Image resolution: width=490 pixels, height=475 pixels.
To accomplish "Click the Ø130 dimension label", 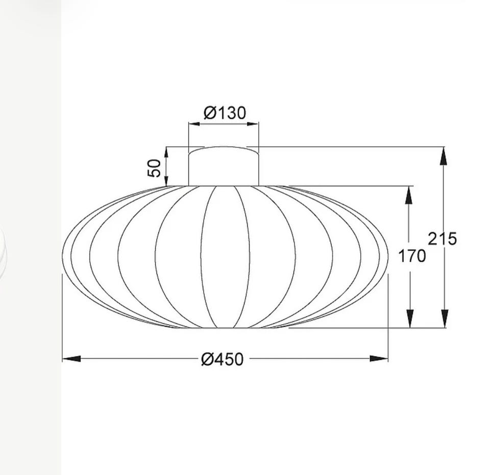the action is coord(225,113).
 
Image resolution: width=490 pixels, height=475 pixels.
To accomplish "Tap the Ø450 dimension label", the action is coord(222,359).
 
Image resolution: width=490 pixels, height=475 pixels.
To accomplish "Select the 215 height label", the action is coord(442,239).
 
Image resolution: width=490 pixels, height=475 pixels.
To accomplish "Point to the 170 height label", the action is coord(412,256).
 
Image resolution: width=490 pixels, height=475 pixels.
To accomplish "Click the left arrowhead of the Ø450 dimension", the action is coord(71,359).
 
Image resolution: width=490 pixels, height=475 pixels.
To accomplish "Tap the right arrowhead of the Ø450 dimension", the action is coord(379,359).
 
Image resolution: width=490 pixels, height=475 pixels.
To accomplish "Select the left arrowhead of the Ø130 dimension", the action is coord(194,124).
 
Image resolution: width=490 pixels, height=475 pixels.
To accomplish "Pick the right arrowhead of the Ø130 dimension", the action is coord(253,124).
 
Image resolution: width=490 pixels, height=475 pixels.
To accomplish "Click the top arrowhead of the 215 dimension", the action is coord(444,156).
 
